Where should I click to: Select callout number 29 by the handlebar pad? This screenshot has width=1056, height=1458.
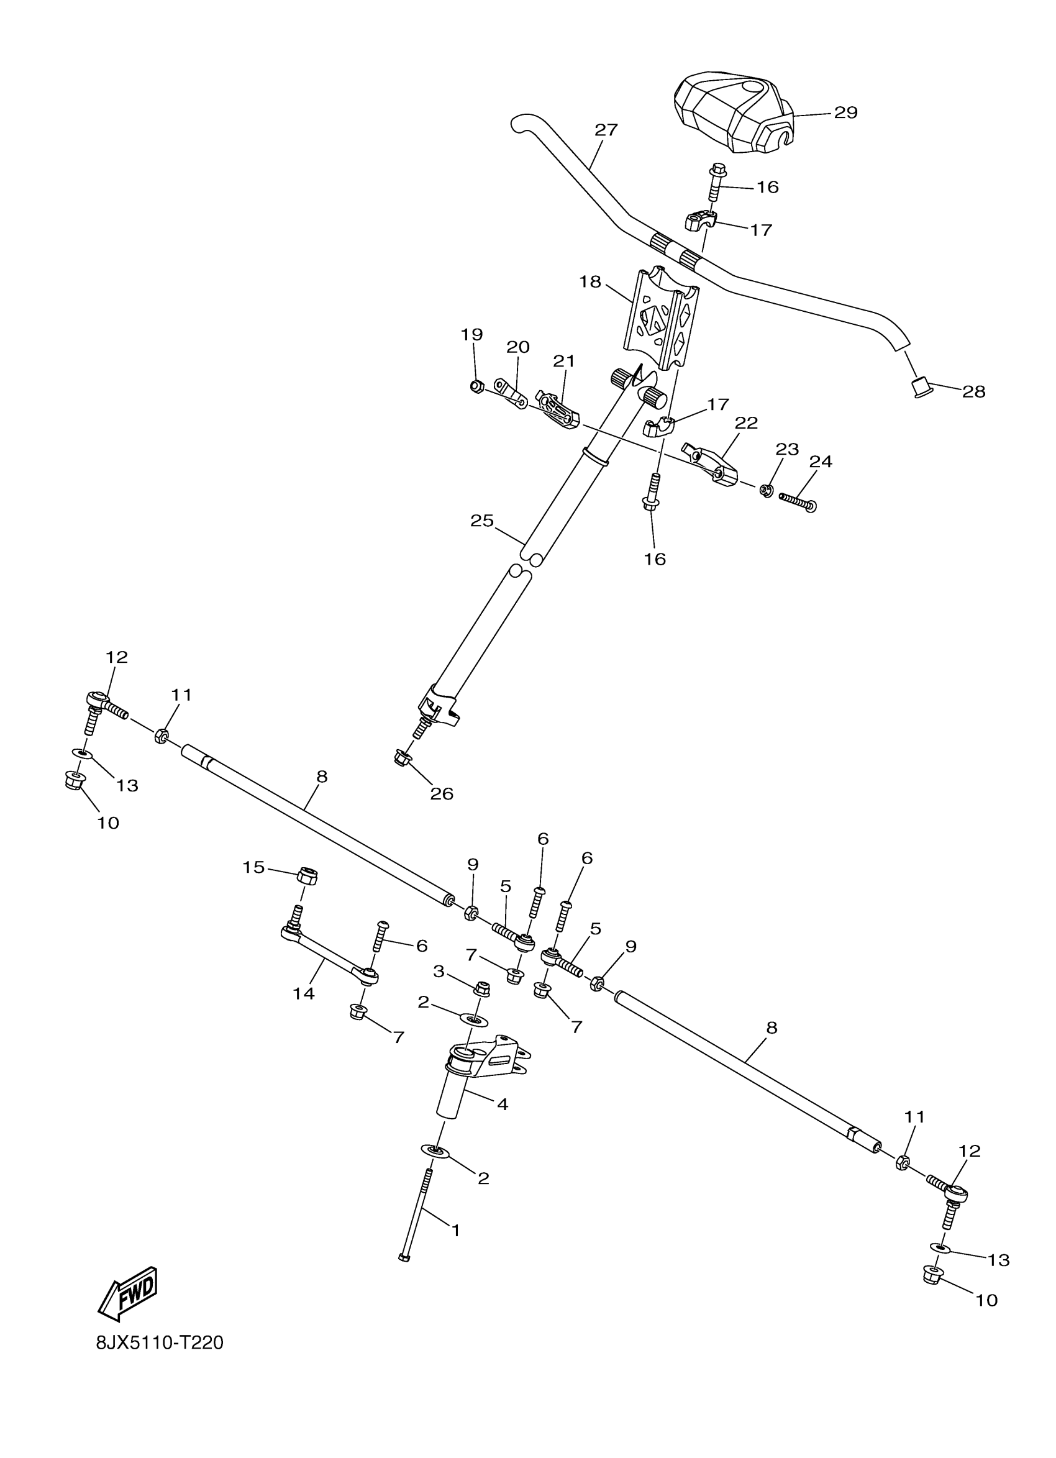[x=845, y=112]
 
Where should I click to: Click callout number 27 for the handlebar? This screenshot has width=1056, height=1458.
[x=606, y=130]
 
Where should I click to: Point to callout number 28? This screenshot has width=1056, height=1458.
[x=973, y=391]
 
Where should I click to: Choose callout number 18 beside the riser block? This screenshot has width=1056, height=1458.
[x=590, y=281]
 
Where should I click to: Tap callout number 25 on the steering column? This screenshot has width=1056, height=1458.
[x=481, y=521]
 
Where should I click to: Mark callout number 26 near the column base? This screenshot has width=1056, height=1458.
[x=442, y=794]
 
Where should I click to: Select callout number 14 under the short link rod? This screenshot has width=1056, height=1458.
[x=303, y=993]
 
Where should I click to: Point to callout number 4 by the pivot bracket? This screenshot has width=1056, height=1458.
[x=502, y=1104]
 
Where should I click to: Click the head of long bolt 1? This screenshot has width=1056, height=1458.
[x=404, y=1257]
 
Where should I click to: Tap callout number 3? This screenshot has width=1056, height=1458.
[x=439, y=972]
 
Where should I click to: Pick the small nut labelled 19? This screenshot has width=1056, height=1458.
[x=476, y=386]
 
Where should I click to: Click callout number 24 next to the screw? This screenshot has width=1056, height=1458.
[x=820, y=462]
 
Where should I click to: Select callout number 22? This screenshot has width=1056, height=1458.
[x=746, y=423]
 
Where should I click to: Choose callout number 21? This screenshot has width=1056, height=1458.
[x=563, y=362]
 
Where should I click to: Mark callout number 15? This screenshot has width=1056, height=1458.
[x=254, y=868]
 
